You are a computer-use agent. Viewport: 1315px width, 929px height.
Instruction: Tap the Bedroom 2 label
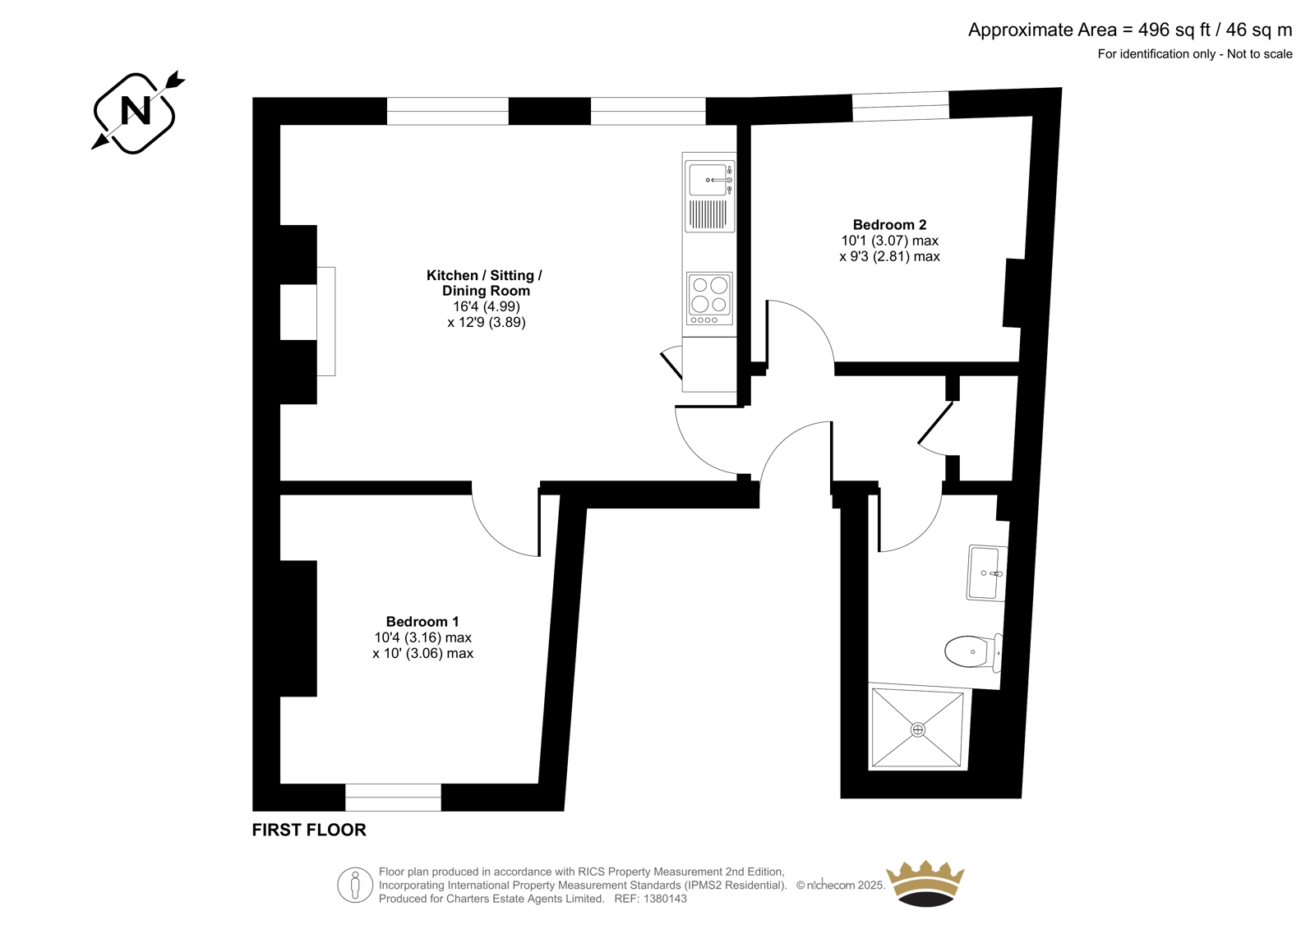[889, 225]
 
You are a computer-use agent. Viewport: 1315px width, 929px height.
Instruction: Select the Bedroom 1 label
[422, 622]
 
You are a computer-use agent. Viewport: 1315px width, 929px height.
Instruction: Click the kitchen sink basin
[708, 180]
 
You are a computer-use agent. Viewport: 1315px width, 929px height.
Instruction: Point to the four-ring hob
[710, 299]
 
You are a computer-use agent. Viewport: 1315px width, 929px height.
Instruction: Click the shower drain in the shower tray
[917, 729]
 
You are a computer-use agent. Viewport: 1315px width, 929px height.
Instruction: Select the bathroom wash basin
[987, 573]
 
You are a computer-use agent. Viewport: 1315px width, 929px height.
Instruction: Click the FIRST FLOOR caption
[309, 830]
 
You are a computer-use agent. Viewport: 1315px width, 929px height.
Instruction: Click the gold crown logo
[925, 884]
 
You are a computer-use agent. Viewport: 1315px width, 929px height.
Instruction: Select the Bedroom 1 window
[393, 797]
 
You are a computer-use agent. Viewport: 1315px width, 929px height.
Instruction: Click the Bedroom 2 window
[901, 106]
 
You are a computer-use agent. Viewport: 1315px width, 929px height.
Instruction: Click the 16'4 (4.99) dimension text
[486, 306]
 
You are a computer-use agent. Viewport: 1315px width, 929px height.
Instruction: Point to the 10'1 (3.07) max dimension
[889, 241]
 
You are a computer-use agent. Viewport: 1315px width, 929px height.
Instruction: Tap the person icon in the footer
[354, 885]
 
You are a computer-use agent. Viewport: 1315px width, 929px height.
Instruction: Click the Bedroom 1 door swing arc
[496, 540]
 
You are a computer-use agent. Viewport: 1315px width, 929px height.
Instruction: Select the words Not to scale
[1259, 54]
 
